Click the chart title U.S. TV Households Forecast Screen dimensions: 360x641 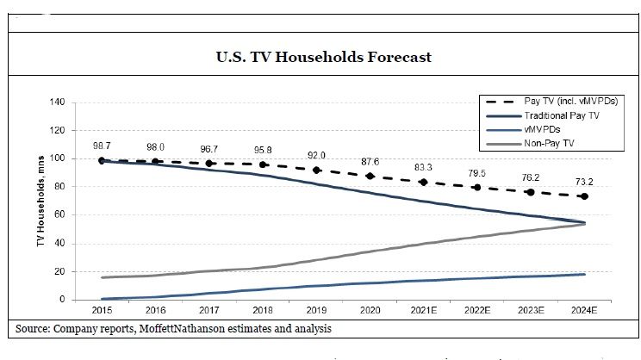coord(323,58)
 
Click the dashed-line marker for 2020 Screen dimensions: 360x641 coord(370,177)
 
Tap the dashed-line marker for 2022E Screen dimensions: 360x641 coord(477,188)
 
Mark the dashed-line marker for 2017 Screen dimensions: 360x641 coord(209,164)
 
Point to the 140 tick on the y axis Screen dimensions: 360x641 coord(59,102)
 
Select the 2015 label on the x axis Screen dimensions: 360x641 coord(103,310)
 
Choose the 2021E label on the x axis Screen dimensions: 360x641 coord(424,310)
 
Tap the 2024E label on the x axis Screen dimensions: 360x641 coord(583,310)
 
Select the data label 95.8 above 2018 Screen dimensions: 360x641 coord(264,150)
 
